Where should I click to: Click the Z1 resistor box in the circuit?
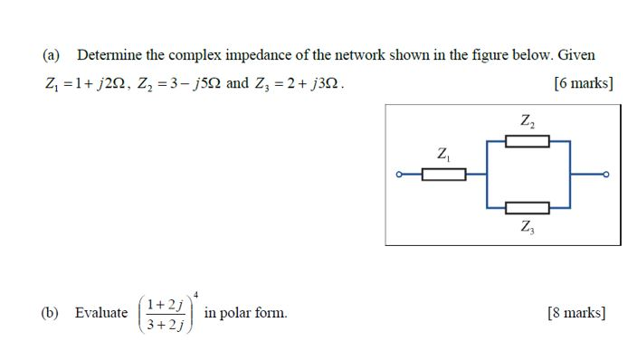click(443, 174)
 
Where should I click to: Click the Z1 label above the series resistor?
click(443, 154)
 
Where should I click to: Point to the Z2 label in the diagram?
click(527, 120)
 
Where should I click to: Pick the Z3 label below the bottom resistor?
click(528, 227)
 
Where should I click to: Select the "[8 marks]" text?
click(577, 313)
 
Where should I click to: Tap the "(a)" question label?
click(51, 55)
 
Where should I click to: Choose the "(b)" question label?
click(51, 313)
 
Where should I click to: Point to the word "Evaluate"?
click(101, 313)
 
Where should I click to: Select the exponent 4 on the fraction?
click(195, 292)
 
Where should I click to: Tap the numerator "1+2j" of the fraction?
click(166, 304)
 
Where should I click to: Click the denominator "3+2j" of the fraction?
click(166, 324)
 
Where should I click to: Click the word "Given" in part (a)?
click(576, 55)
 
